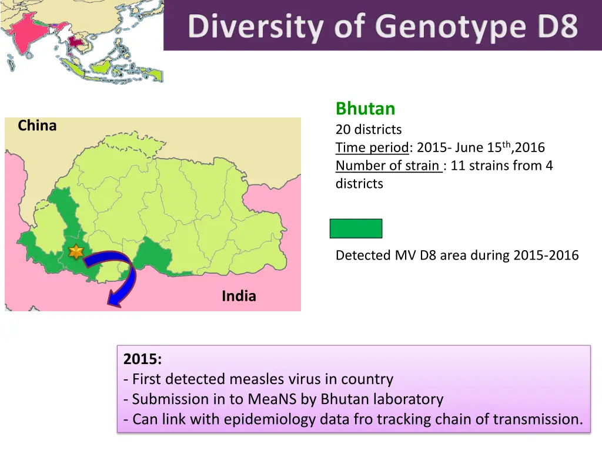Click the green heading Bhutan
pos(365,109)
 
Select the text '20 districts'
pos(369,129)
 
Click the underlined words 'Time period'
pos(372,147)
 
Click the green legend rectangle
pos(356,228)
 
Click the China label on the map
pos(37,126)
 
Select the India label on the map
pos(239,297)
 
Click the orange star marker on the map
pos(76,252)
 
